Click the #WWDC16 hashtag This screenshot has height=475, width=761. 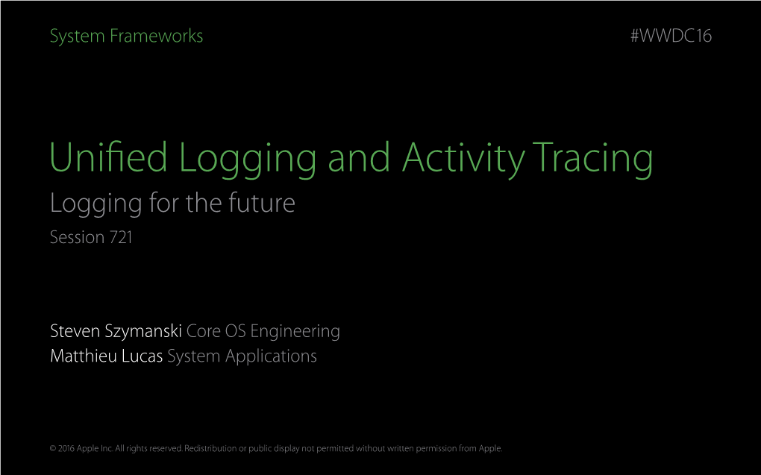pyautogui.click(x=671, y=36)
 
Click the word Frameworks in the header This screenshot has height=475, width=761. pyautogui.click(x=156, y=36)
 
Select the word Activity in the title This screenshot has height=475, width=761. pyautogui.click(x=463, y=159)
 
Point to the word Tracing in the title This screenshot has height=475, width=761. pyautogui.click(x=592, y=159)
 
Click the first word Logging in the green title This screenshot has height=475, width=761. pyautogui.click(x=248, y=159)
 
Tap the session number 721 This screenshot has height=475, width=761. pyautogui.click(x=121, y=237)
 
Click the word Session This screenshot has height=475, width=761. pyautogui.click(x=77, y=237)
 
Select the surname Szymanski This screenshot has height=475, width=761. pyautogui.click(x=143, y=332)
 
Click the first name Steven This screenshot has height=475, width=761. pyautogui.click(x=75, y=331)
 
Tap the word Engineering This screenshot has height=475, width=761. pyautogui.click(x=295, y=332)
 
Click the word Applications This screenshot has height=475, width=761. pyautogui.click(x=271, y=357)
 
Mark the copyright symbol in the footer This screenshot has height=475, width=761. pyautogui.click(x=53, y=449)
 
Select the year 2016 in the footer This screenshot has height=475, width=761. pyautogui.click(x=66, y=449)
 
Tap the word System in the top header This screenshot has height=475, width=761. pyautogui.click(x=78, y=37)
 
